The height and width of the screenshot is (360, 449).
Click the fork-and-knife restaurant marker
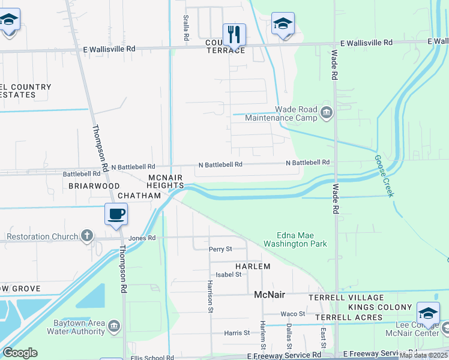click(234, 35)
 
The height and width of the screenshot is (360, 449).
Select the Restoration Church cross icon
click(88, 236)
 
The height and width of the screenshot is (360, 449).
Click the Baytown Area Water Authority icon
click(115, 326)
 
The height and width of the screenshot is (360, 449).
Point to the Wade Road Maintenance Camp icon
click(327, 113)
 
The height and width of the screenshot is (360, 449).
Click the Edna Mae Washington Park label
click(294, 240)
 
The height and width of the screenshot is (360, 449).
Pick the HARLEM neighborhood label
click(252, 266)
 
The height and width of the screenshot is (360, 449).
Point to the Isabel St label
click(229, 274)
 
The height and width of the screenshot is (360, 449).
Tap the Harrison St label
click(210, 296)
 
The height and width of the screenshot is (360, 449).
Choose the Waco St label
click(294, 314)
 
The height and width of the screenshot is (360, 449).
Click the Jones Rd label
click(143, 238)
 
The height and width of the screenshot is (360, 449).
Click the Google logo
click(20, 353)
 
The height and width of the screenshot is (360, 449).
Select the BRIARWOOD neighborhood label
click(94, 186)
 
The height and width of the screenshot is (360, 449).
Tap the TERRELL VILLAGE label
click(346, 298)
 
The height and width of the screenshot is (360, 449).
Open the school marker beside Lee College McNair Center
click(428, 313)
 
